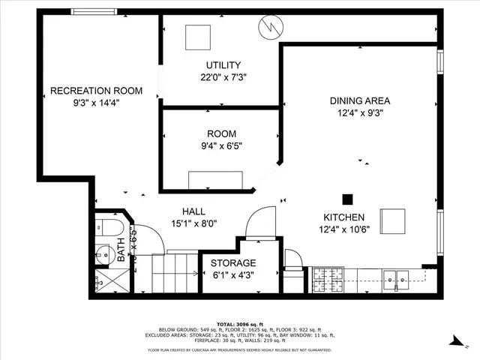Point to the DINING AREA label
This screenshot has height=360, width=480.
[x=360, y=100]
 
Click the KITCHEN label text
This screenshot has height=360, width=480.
[x=344, y=217]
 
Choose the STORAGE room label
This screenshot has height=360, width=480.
[x=232, y=263]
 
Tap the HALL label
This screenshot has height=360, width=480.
[x=193, y=211]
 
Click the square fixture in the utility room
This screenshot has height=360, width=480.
[x=199, y=37]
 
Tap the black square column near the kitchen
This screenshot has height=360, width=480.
[x=347, y=199]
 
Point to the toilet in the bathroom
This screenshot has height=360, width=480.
[x=104, y=228]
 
